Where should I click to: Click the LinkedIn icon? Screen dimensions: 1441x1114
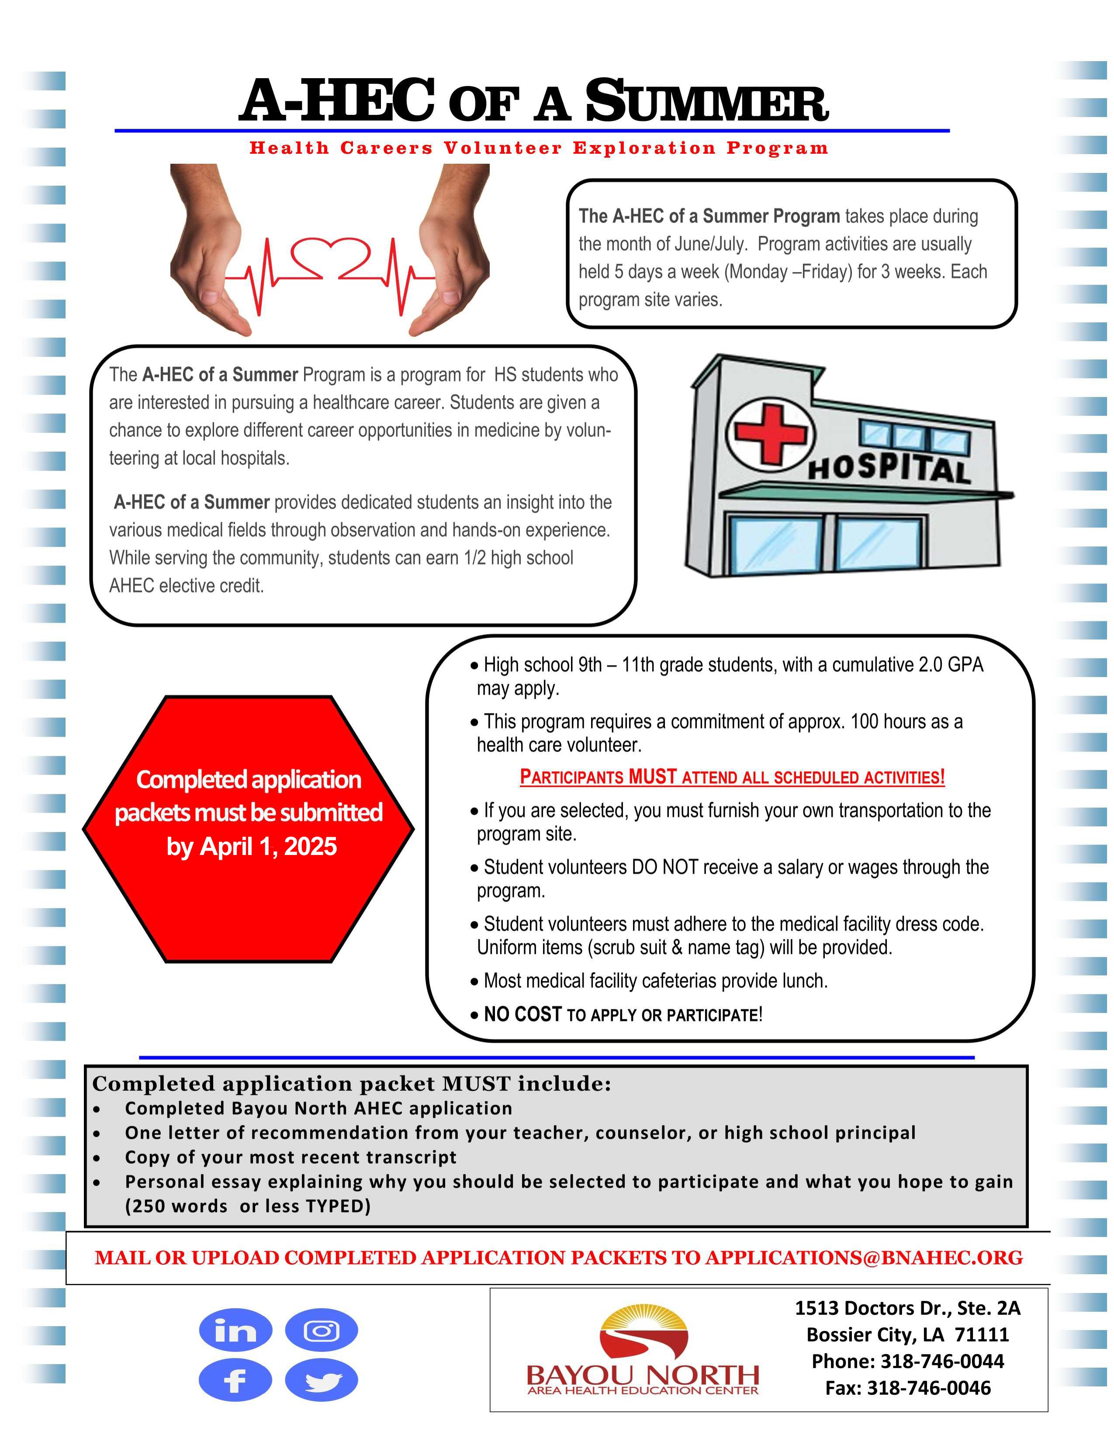(x=235, y=1330)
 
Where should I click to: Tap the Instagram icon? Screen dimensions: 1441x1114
(x=322, y=1330)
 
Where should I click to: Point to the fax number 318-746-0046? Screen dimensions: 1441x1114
(x=929, y=1388)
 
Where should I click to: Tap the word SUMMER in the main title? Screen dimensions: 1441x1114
(x=706, y=102)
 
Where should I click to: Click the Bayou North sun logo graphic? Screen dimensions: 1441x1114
(x=643, y=1330)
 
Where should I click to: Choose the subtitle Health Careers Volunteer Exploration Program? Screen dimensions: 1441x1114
(x=539, y=148)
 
